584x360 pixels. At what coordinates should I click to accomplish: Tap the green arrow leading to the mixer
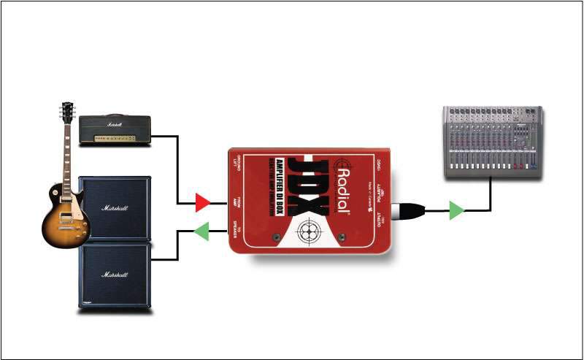click(456, 211)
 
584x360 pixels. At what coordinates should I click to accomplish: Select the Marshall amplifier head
click(114, 130)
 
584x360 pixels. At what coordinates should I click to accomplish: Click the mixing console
click(493, 142)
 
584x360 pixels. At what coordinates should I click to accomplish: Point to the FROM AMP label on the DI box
click(237, 201)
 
